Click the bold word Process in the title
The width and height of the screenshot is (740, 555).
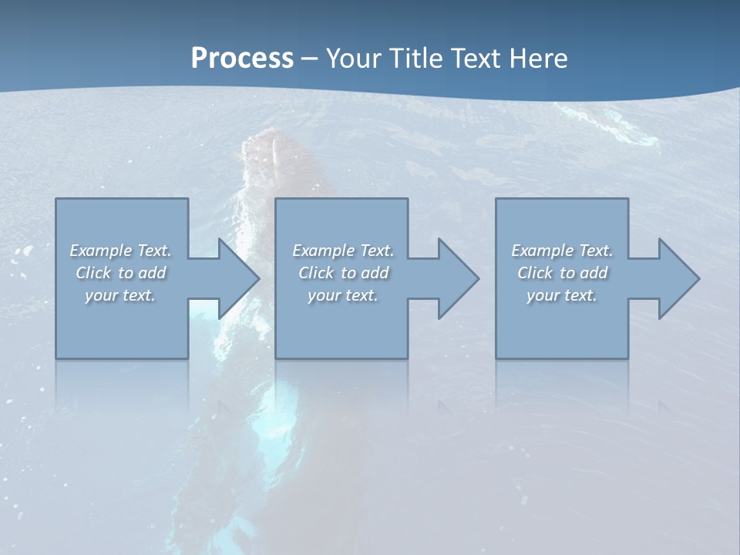pos(242,59)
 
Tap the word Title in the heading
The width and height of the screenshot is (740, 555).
pos(413,59)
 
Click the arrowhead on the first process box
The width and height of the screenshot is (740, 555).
pos(235,278)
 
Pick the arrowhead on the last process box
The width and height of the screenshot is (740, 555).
pos(675,278)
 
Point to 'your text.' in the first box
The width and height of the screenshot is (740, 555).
pos(120,295)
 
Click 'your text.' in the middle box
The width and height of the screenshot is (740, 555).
pos(343,295)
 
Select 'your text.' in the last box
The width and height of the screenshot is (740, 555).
pos(562,295)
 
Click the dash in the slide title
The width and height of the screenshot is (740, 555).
pos(310,59)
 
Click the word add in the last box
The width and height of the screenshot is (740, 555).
pos(593,273)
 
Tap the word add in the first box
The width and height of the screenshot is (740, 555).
pos(151,273)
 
